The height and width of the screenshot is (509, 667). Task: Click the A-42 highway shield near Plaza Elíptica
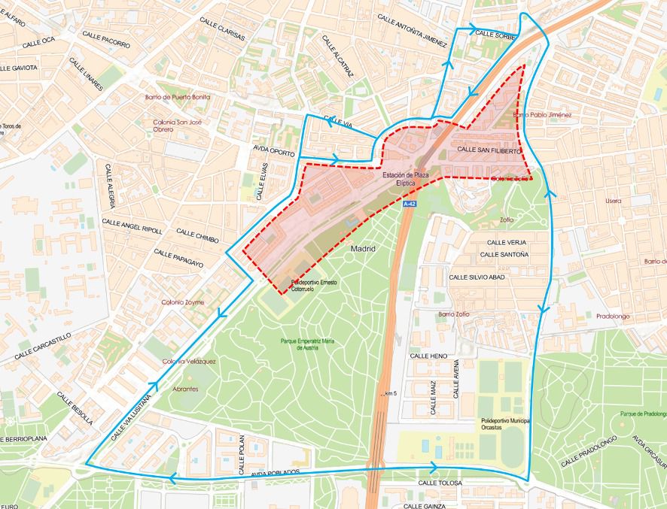point(409,204)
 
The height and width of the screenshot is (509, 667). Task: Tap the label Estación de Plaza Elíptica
point(405,179)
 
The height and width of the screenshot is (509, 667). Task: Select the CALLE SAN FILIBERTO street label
point(489,151)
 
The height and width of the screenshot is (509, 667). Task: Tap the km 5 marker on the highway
point(388,393)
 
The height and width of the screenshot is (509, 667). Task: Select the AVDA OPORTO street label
point(273,149)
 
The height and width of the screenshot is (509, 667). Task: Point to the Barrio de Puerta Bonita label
point(178,97)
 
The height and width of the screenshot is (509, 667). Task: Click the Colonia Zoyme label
point(182,302)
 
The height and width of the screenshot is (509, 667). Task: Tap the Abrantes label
point(184,389)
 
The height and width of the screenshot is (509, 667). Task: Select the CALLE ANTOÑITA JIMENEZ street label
point(412,29)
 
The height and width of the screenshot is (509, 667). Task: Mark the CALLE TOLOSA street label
point(438,483)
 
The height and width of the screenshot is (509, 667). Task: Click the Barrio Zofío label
point(453,314)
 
